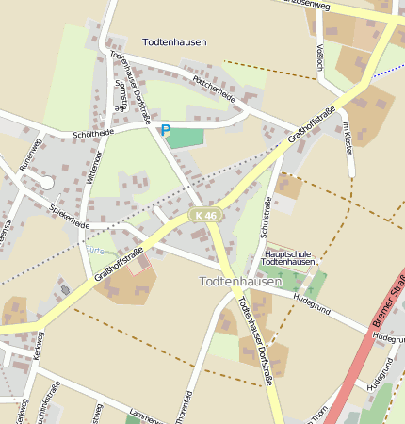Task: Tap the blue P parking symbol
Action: (x=166, y=131)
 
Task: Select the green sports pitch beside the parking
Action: (x=186, y=137)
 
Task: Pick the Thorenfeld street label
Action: (x=189, y=405)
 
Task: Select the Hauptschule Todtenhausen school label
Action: (x=288, y=257)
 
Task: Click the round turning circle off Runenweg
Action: (x=46, y=182)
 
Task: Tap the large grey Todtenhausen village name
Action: (x=241, y=281)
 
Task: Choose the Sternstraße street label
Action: (x=121, y=95)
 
